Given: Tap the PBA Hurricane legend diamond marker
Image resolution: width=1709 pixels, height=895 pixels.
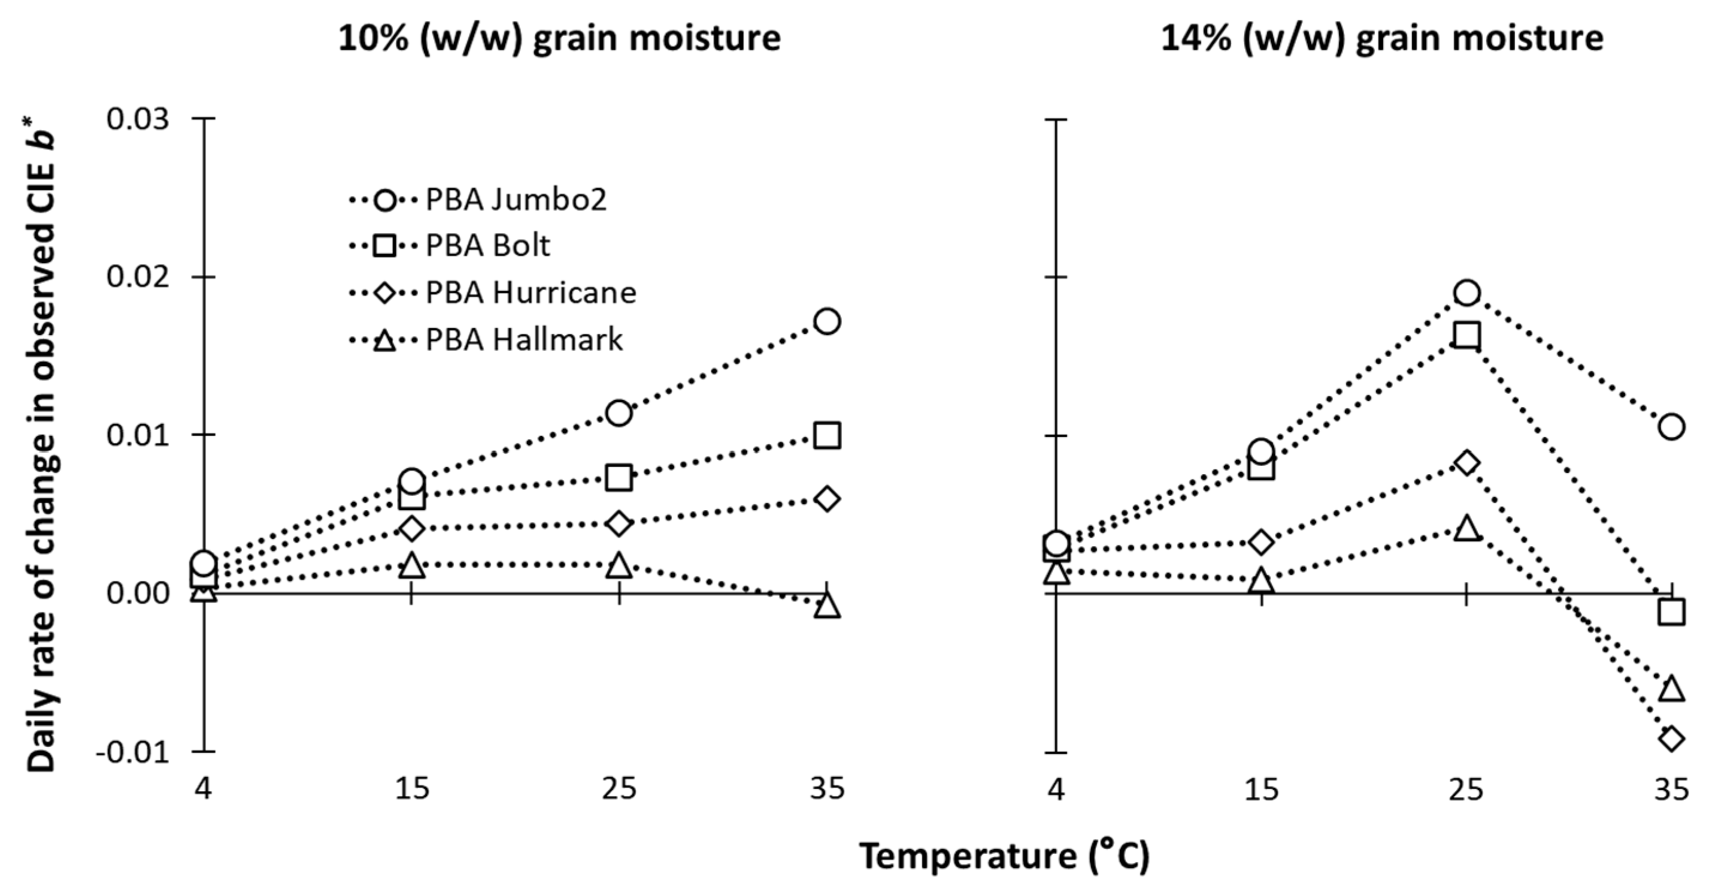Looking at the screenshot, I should pyautogui.click(x=385, y=293).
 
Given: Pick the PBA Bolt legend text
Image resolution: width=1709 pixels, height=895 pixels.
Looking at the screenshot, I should pyautogui.click(x=487, y=246).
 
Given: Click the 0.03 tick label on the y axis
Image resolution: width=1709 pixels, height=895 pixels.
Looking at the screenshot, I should pyautogui.click(x=138, y=119).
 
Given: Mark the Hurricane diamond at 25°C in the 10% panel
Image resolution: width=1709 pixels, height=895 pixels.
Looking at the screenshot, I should pyautogui.click(x=619, y=524).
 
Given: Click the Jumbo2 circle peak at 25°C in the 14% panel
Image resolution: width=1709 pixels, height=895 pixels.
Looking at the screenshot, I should pyautogui.click(x=1467, y=292).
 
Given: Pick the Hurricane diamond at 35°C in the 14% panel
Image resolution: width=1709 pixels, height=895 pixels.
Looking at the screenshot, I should pyautogui.click(x=1671, y=739).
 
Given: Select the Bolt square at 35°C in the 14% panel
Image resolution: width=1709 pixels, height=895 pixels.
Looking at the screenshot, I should pyautogui.click(x=1671, y=612).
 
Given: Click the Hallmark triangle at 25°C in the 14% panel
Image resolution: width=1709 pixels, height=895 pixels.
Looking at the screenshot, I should pyautogui.click(x=1467, y=529).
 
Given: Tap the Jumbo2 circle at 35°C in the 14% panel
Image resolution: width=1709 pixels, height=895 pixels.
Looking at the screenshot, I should pyautogui.click(x=1671, y=426).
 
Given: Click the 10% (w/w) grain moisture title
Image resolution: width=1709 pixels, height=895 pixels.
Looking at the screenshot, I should pyautogui.click(x=559, y=38).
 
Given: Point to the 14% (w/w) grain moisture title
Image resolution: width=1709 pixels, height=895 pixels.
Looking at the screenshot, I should pyautogui.click(x=1382, y=38).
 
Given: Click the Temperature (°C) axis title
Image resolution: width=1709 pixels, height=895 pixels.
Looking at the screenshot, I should pyautogui.click(x=1004, y=856).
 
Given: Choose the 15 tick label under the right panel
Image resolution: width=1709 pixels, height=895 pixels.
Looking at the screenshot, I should pyautogui.click(x=1260, y=789).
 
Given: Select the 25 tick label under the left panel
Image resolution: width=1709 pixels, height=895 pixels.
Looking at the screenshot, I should pyautogui.click(x=619, y=789).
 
